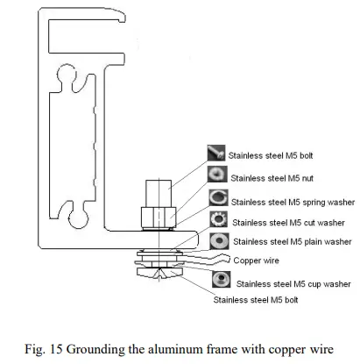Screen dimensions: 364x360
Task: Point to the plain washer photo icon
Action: click(219, 240)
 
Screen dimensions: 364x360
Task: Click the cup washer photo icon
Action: click(222, 282)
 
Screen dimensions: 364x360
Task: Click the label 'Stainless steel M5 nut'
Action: click(269, 178)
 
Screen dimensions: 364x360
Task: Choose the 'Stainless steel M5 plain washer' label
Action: click(291, 241)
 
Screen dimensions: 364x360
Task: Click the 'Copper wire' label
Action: click(258, 261)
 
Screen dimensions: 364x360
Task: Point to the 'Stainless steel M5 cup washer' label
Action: click(293, 283)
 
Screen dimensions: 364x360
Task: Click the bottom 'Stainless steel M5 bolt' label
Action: click(260, 299)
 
